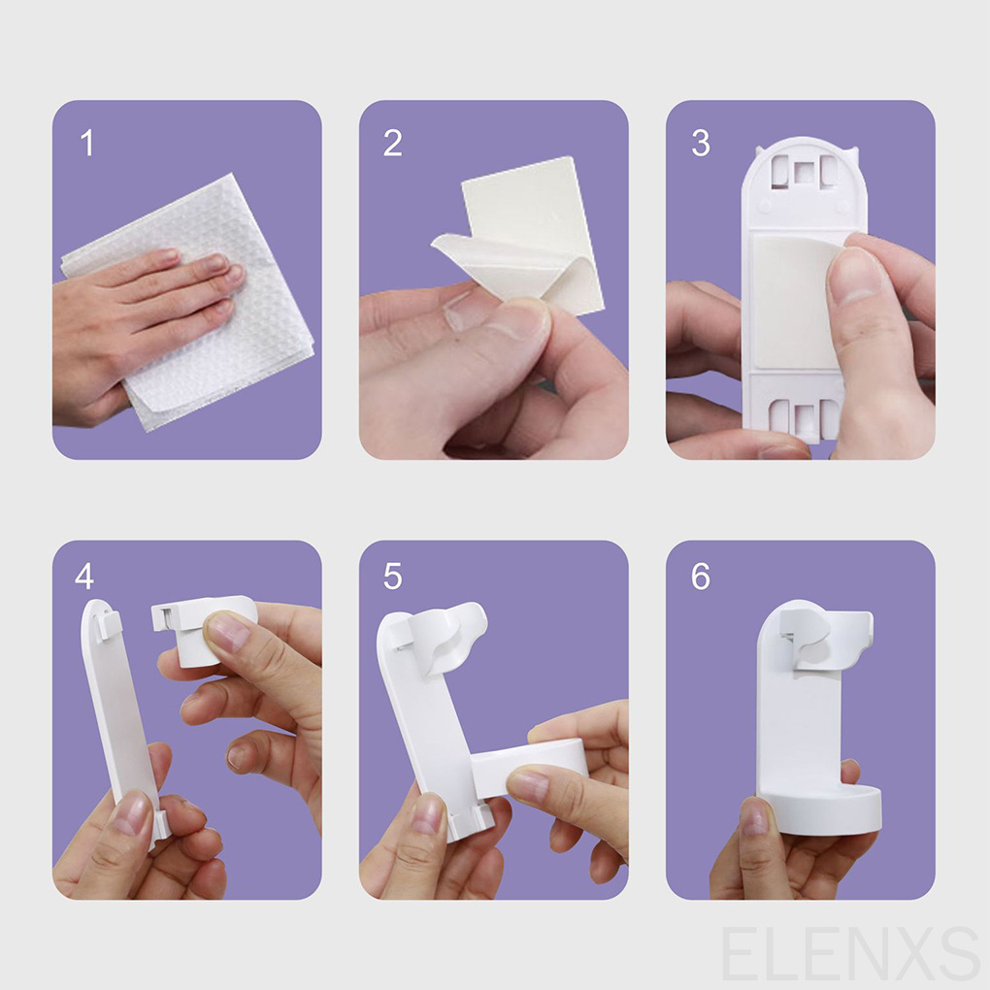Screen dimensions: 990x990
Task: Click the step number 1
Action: [87, 143]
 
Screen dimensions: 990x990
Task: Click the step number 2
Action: [393, 143]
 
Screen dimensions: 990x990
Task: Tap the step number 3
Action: [701, 143]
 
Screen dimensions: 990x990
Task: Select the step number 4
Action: [84, 576]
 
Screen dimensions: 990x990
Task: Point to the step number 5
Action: [393, 576]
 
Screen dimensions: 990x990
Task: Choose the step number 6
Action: [701, 576]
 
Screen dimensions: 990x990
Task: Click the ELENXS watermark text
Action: [850, 953]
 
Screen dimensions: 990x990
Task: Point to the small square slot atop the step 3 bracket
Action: [804, 173]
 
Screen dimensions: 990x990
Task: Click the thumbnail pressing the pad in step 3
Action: [855, 275]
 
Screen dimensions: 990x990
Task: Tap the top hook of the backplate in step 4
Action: [109, 621]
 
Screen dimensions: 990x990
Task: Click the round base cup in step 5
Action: [530, 763]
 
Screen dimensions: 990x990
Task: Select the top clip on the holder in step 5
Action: [442, 638]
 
